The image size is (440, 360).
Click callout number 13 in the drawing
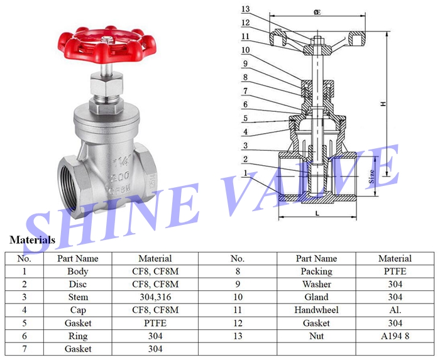(x=246, y=9)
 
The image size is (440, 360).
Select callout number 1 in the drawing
(x=246, y=172)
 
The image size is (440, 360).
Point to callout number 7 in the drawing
(x=246, y=90)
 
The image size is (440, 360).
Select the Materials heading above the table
(x=32, y=239)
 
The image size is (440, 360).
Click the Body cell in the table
(x=78, y=271)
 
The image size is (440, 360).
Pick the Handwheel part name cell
(x=316, y=310)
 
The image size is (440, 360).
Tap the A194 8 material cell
(x=395, y=335)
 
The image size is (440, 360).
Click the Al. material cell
(x=395, y=310)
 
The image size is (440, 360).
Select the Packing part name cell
(x=316, y=271)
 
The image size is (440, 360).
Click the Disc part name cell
(x=78, y=284)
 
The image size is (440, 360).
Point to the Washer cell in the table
(x=316, y=284)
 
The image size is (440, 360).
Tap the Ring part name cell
(x=78, y=335)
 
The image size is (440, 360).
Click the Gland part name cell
(x=316, y=297)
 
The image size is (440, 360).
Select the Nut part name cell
(x=316, y=335)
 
